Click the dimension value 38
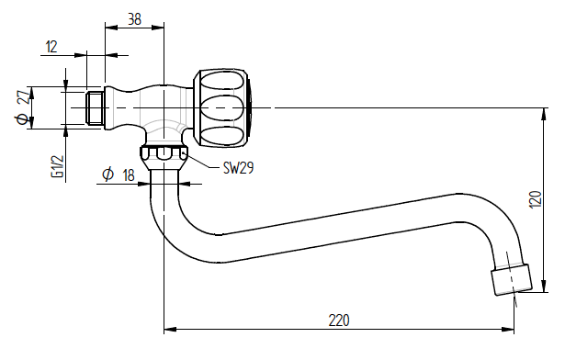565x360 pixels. tap(134, 19)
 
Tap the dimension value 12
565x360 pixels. tap(51, 47)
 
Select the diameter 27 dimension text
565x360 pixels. tap(23, 107)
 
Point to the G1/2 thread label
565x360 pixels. tap(58, 166)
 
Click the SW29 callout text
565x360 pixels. tap(238, 168)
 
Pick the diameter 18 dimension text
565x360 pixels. tap(119, 175)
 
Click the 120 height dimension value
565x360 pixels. tap(536, 199)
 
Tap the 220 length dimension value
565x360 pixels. tap(339, 321)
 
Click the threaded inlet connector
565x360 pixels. tap(96, 107)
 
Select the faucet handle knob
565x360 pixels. tap(222, 108)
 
